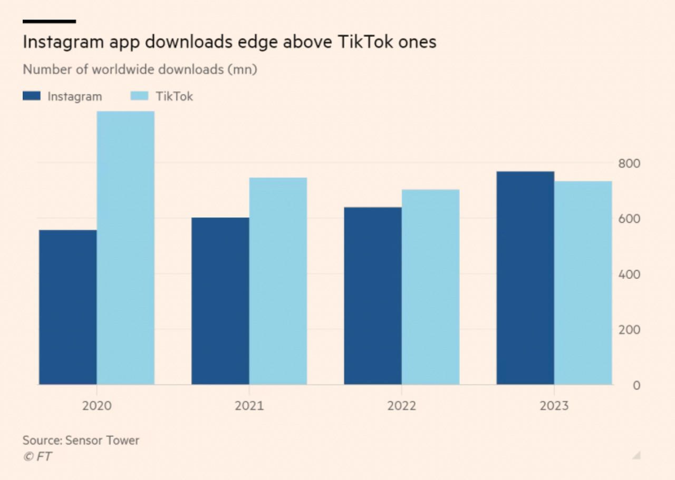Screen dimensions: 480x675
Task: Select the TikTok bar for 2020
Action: tap(126, 248)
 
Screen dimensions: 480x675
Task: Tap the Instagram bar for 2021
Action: tap(220, 301)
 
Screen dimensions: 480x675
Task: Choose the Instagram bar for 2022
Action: tap(373, 296)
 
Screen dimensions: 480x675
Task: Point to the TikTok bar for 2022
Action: tap(430, 287)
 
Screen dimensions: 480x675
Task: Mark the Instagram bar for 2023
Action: tap(525, 278)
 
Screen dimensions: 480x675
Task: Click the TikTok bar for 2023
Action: tap(583, 282)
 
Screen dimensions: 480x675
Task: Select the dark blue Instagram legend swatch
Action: tap(32, 96)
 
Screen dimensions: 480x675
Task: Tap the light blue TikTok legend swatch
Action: tap(139, 96)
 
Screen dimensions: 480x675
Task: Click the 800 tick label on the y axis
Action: tap(629, 163)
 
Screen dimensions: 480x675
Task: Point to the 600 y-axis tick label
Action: tap(629, 219)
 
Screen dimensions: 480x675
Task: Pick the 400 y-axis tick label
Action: tap(629, 275)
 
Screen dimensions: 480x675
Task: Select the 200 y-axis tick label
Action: tap(629, 330)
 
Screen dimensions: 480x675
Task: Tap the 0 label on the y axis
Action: tap(637, 385)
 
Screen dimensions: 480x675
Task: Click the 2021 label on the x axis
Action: tap(249, 406)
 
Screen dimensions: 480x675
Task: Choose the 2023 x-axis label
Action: tap(554, 406)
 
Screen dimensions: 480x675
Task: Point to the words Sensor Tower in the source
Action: tap(102, 440)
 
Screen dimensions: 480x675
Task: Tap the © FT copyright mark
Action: tap(37, 456)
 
